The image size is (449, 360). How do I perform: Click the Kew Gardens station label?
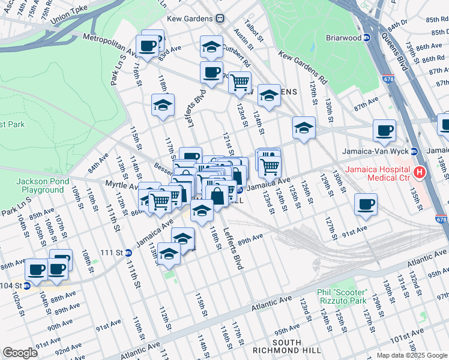tap(191, 18)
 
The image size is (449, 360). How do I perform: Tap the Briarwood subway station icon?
tap(367, 37)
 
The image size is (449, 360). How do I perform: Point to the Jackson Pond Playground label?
tap(40, 185)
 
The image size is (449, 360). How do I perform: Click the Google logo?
tap(20, 353)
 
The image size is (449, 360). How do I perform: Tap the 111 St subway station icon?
tap(127, 253)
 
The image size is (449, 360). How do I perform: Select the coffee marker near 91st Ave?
tap(365, 205)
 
